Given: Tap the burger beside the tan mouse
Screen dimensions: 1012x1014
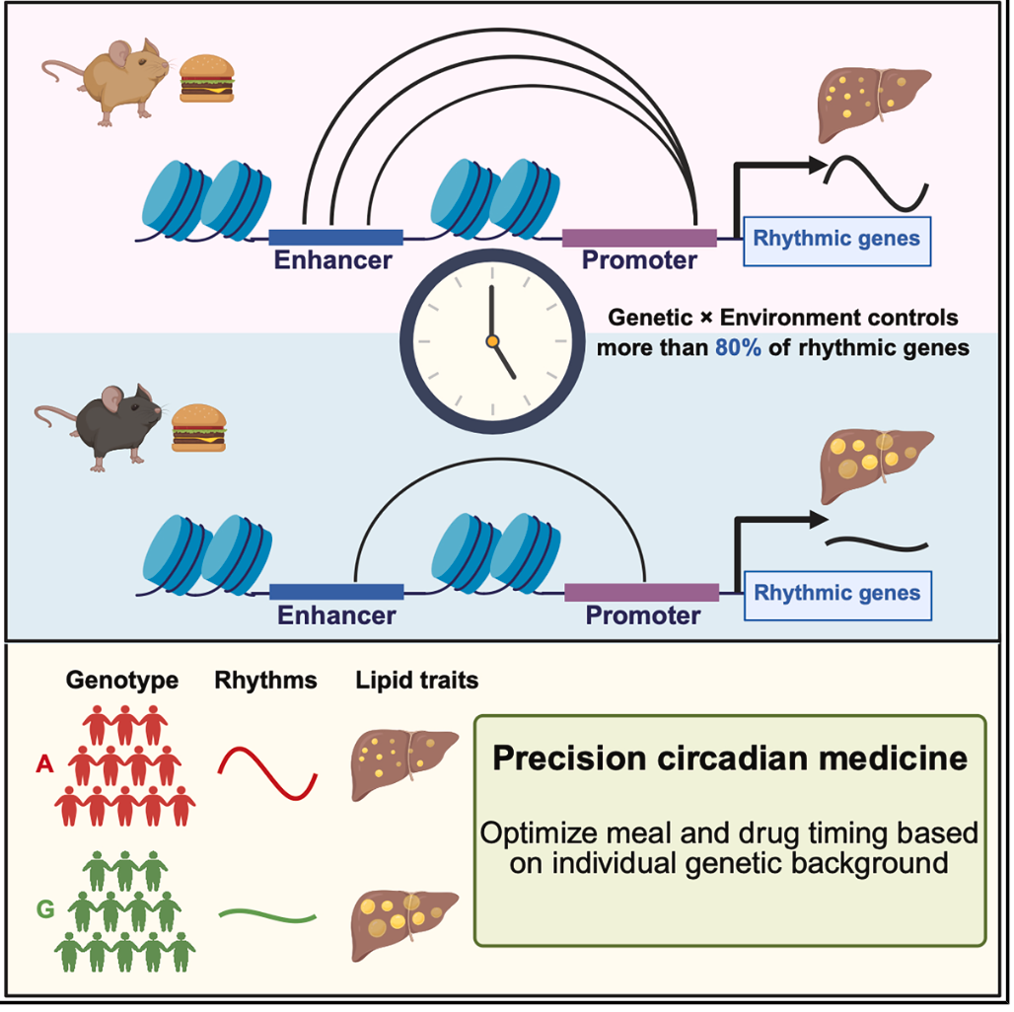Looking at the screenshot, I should tap(207, 77).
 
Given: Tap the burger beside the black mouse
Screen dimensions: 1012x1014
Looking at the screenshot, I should tap(199, 426).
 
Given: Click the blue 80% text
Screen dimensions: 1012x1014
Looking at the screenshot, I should tap(739, 347).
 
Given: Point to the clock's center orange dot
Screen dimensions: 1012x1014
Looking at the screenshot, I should tap(491, 341).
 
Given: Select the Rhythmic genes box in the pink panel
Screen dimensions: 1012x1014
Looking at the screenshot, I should tap(836, 238).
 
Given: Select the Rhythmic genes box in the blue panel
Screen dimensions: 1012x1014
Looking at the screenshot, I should tap(836, 593).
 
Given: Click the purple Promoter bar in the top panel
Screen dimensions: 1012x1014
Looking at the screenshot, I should tap(639, 237).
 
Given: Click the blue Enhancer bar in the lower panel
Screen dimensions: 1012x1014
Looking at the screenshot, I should tap(336, 592).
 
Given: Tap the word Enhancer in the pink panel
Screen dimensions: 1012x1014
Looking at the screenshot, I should tap(332, 261).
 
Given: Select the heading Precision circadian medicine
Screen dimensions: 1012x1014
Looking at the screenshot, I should tap(730, 759).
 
